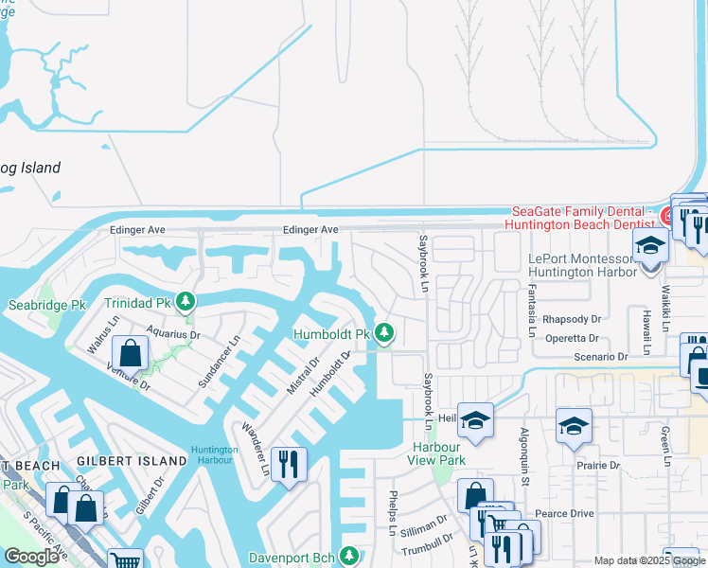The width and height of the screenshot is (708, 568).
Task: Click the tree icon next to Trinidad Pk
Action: pos(187,302)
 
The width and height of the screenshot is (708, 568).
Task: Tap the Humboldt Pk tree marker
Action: pos(384,333)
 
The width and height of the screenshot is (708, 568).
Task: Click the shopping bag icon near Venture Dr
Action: pos(131,355)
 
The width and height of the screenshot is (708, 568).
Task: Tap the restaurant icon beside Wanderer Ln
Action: pos(289,465)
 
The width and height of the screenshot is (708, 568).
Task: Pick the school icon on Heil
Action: pos(475,421)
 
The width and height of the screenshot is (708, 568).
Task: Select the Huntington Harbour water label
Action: pos(214,455)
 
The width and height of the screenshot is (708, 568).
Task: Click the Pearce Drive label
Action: pos(568,513)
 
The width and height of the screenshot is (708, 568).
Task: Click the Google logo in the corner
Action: pos(31,557)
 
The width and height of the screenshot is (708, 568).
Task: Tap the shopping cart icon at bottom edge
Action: pos(125,560)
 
